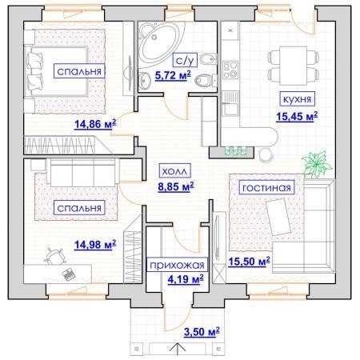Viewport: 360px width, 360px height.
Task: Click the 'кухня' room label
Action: pyautogui.click(x=297, y=99)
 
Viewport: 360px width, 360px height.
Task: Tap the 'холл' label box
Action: pyautogui.click(x=174, y=170)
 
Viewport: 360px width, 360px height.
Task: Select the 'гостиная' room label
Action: pyautogui.click(x=266, y=187)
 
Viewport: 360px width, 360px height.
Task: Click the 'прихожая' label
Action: pyautogui.click(x=177, y=265)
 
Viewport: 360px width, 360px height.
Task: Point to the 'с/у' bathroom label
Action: pyautogui.click(x=185, y=60)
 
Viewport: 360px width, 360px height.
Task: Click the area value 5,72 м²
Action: pyautogui.click(x=173, y=75)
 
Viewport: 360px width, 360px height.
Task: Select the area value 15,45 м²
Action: pyautogui.click(x=297, y=116)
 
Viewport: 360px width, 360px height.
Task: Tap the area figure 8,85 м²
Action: pyautogui.click(x=176, y=186)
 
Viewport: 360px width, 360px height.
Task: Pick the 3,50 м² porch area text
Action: pyautogui.click(x=202, y=332)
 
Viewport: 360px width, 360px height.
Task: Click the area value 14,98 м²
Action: pyautogui.click(x=95, y=245)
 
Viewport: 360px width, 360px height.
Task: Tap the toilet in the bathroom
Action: pyautogui.click(x=206, y=80)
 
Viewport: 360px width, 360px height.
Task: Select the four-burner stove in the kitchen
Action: pyautogui.click(x=230, y=70)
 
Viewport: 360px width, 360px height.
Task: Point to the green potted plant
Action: pyautogui.click(x=317, y=164)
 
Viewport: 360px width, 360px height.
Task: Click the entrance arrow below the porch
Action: pyautogui.click(x=178, y=350)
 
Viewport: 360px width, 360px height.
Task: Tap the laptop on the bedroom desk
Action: pyautogui.click(x=69, y=274)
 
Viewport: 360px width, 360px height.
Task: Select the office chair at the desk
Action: pyautogui.click(x=55, y=256)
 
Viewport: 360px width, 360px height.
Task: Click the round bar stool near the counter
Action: pyautogui.click(x=266, y=155)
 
